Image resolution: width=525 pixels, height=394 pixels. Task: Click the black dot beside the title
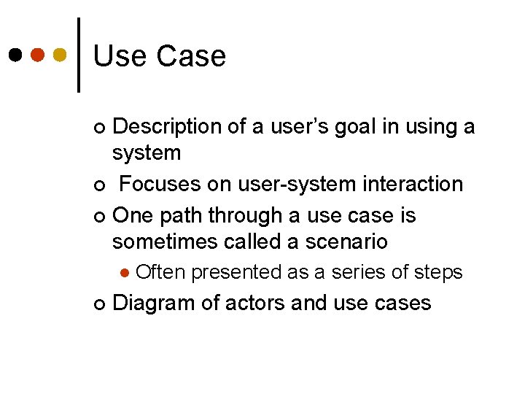pyautogui.click(x=15, y=55)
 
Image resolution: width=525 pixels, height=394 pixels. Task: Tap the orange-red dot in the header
pyautogui.click(x=38, y=55)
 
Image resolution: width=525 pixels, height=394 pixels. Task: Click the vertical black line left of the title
pyautogui.click(x=79, y=55)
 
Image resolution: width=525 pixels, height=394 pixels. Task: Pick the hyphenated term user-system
pyautogui.click(x=289, y=184)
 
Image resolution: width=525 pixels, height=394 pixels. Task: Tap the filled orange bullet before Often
pyautogui.click(x=125, y=273)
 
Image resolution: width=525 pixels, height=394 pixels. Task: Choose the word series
pyautogui.click(x=357, y=273)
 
